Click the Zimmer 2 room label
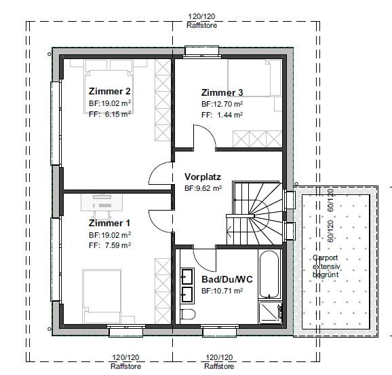[x=109, y=91]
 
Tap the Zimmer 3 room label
[x=222, y=92]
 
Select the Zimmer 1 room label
[x=109, y=223]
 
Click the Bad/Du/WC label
[x=227, y=280]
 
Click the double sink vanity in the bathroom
[x=187, y=285]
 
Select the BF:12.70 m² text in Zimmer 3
[x=222, y=105]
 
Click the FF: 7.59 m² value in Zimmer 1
[x=109, y=245]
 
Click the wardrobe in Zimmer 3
[x=256, y=139]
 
